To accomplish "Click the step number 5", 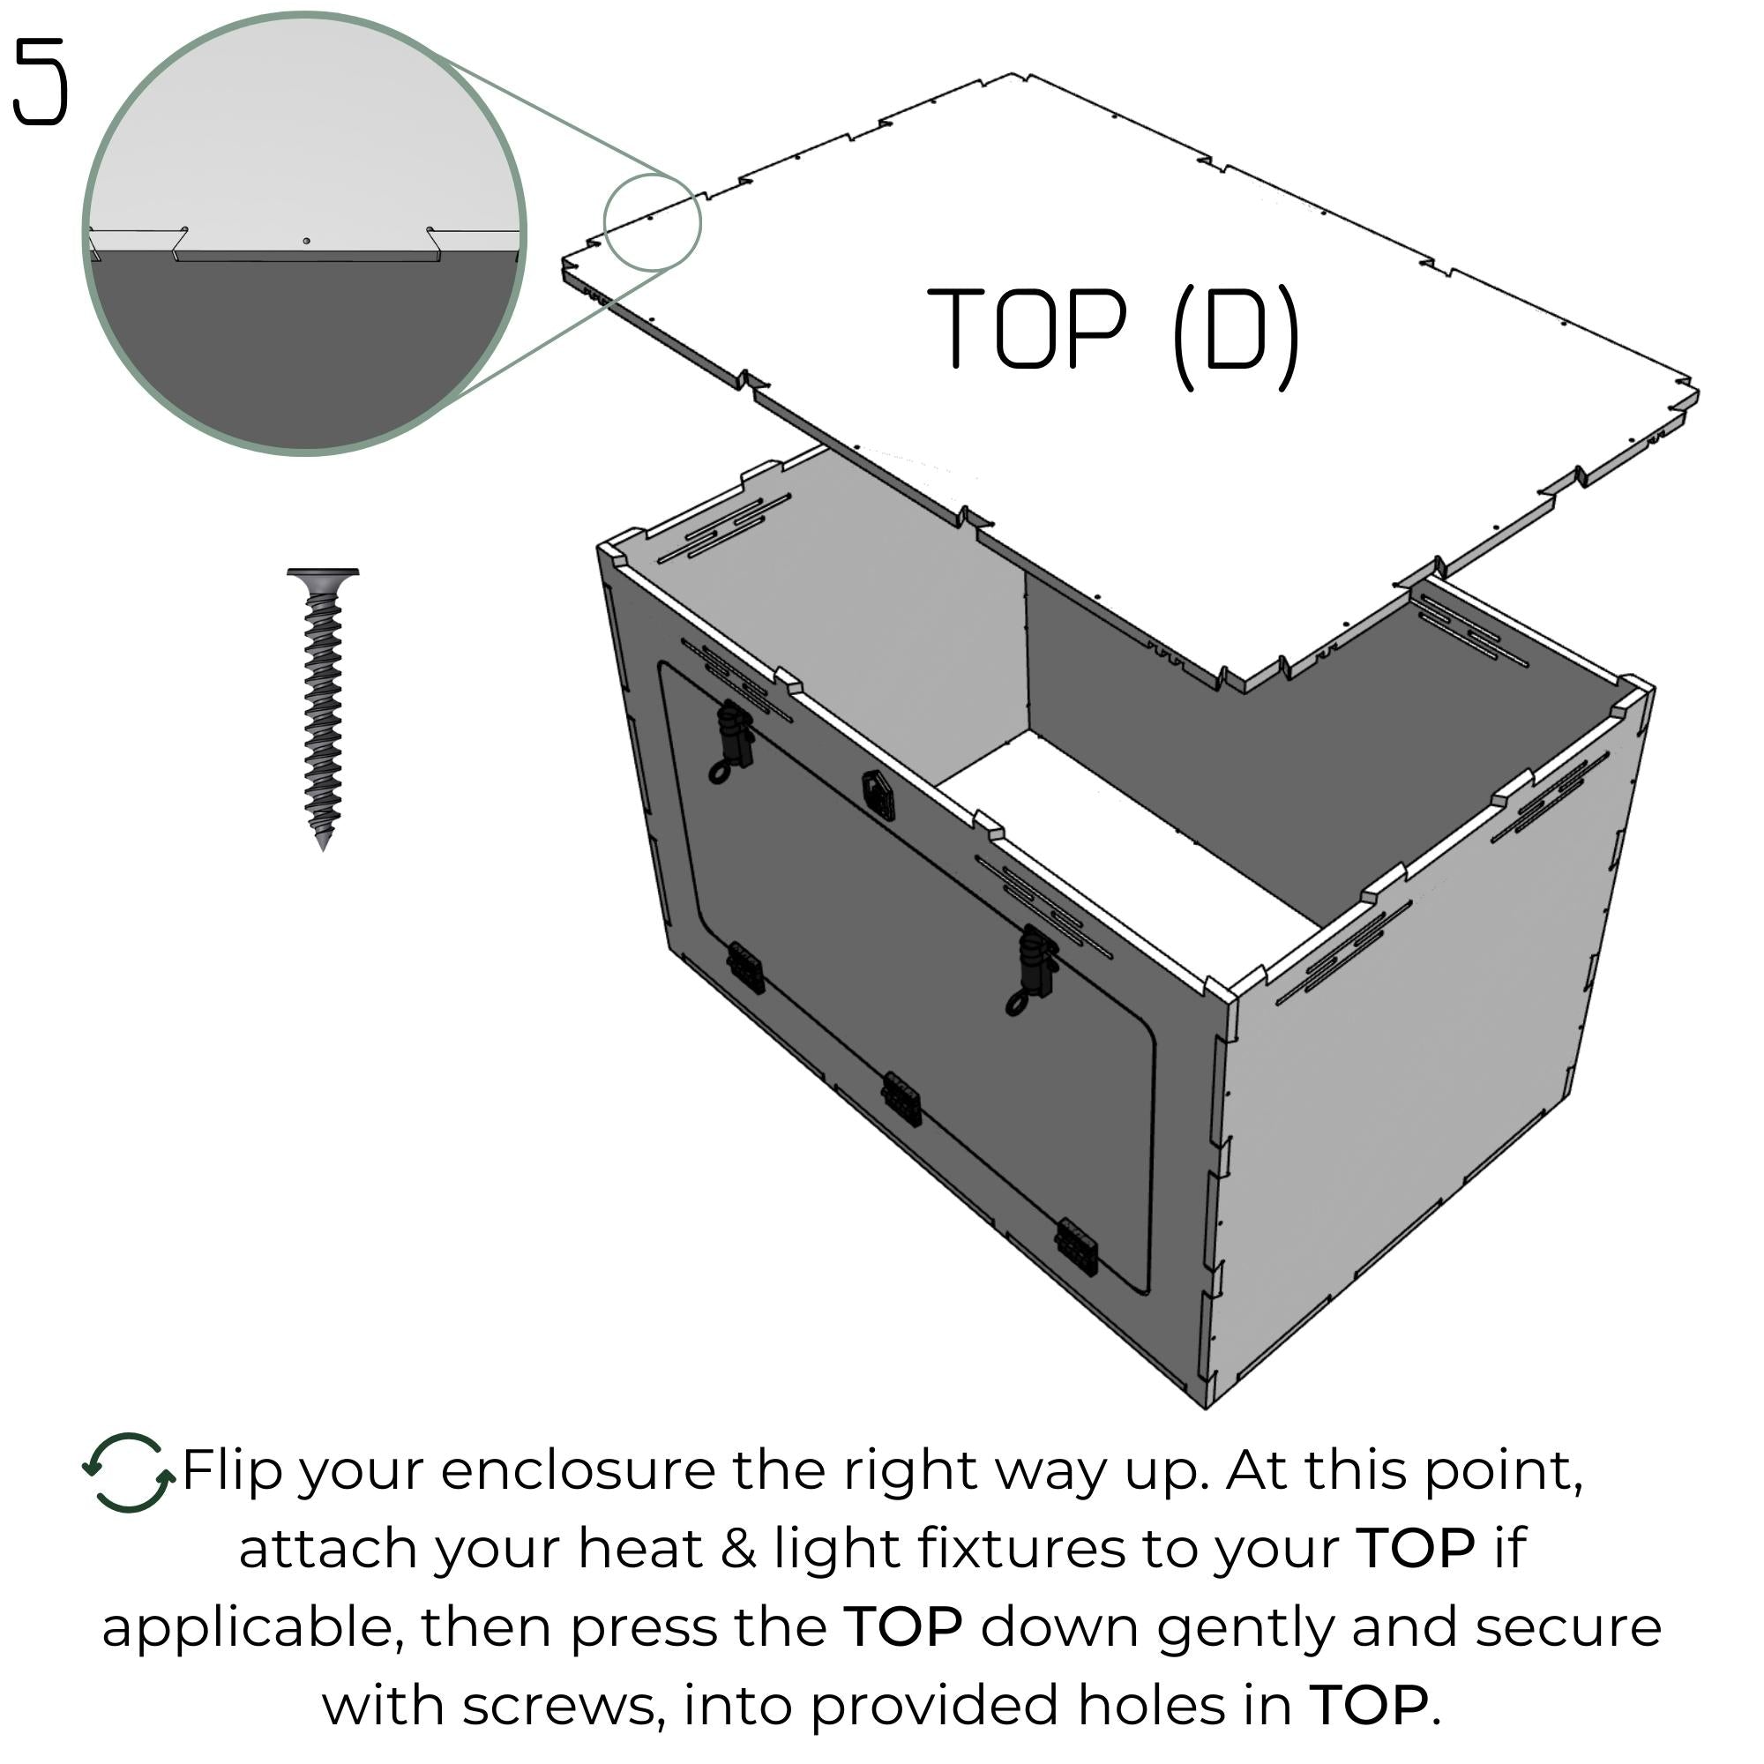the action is coord(41,82).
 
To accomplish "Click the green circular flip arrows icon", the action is coord(129,1474).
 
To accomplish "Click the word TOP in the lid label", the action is coord(1028,329).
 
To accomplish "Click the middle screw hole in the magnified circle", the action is coord(307,241).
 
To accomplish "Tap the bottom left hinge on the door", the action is coord(745,968).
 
